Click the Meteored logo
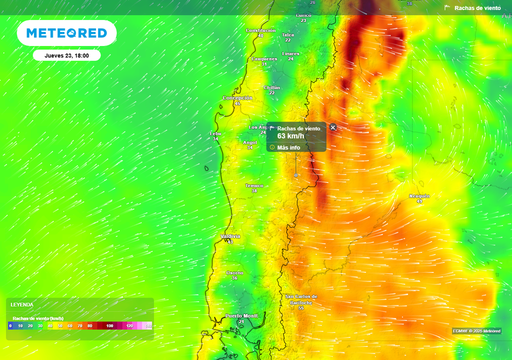click(x=66, y=33)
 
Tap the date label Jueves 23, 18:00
click(x=66, y=55)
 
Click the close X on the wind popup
click(x=333, y=127)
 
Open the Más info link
click(x=288, y=147)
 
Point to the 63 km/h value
click(x=290, y=136)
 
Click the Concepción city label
click(x=237, y=98)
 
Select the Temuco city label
click(x=254, y=185)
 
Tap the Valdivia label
click(x=230, y=236)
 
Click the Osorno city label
click(x=234, y=272)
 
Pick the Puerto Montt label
click(x=241, y=315)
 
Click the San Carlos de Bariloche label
click(x=301, y=299)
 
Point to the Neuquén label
click(x=419, y=196)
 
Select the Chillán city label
click(x=272, y=87)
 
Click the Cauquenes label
click(x=264, y=59)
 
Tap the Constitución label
click(x=260, y=30)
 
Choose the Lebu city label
click(x=215, y=133)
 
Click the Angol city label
click(x=249, y=142)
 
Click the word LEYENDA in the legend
click(x=22, y=304)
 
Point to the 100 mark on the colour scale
click(x=109, y=326)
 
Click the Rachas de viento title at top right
click(x=477, y=8)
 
